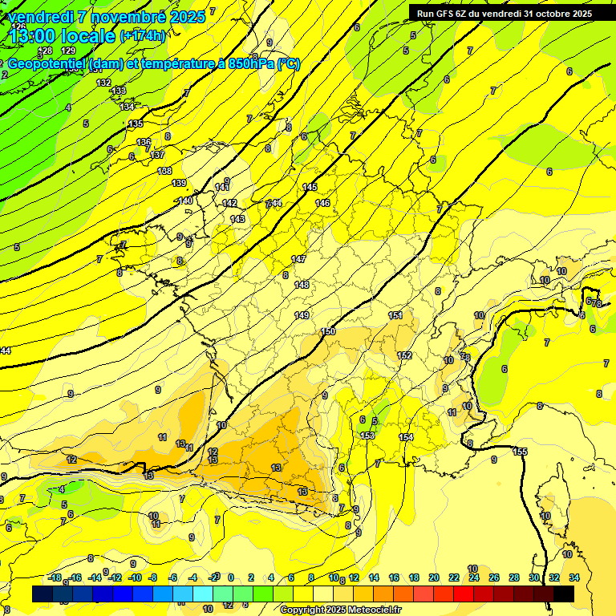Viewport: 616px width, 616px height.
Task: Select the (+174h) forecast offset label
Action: point(142,36)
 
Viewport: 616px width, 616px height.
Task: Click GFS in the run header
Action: point(444,13)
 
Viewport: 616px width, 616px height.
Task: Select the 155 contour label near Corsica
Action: point(520,452)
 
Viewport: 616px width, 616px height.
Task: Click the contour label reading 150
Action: point(328,331)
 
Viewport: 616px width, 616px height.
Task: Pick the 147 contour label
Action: point(298,259)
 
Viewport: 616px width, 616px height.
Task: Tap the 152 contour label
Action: point(404,355)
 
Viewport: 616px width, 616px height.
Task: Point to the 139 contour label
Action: point(179,183)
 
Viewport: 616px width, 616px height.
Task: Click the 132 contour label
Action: point(103,83)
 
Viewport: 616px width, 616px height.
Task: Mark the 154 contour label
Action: point(406,437)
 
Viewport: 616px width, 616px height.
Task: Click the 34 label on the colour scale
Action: point(574,577)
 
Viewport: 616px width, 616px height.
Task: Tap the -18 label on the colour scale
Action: point(55,577)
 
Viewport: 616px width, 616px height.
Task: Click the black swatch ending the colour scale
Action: point(564,594)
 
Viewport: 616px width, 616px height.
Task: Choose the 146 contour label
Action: point(322,203)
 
